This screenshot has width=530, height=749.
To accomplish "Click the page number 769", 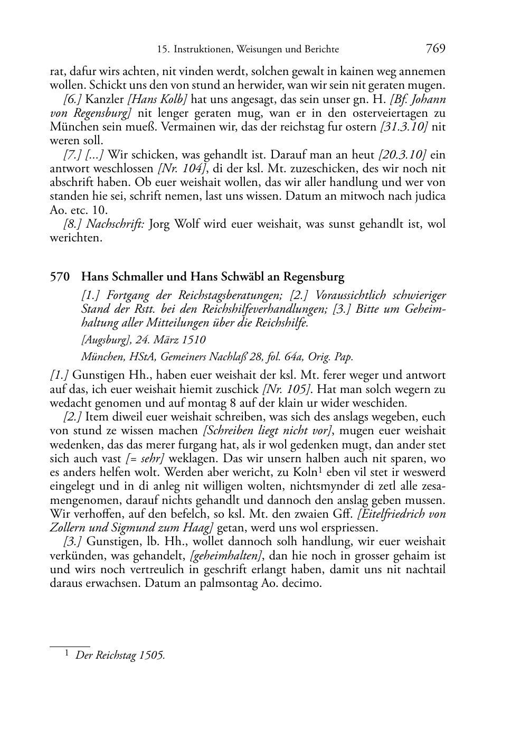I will [x=436, y=49].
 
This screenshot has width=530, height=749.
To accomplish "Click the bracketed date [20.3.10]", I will [x=402, y=155].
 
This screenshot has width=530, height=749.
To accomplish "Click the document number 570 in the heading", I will [x=59, y=276].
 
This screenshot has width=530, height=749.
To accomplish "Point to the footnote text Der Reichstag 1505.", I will [x=120, y=656].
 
